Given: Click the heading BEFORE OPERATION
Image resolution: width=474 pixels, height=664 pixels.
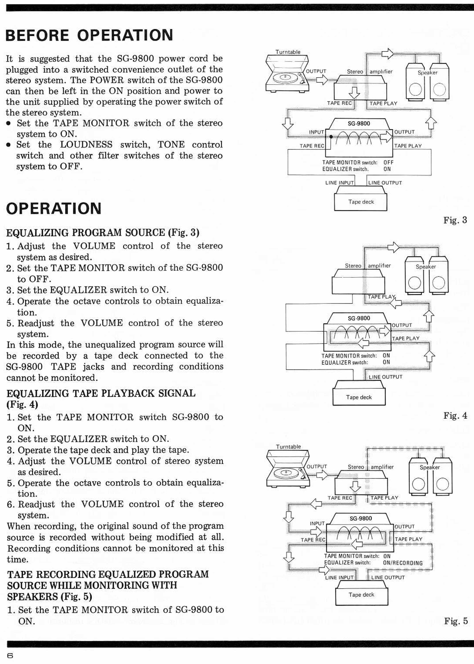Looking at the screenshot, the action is [89, 35].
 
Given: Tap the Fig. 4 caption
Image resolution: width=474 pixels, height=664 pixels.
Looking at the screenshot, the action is [455, 415].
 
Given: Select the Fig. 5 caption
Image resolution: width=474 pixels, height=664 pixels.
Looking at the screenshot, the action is [456, 621].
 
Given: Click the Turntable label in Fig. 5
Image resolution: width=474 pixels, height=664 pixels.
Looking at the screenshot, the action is [288, 447].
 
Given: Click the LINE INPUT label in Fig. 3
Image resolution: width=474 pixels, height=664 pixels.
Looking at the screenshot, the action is [339, 183].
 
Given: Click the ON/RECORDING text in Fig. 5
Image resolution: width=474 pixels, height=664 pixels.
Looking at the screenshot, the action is [403, 563].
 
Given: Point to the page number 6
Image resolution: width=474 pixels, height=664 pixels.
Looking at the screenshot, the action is [10, 656].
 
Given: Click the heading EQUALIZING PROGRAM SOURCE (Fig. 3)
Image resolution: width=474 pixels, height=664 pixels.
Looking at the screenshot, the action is [103, 233].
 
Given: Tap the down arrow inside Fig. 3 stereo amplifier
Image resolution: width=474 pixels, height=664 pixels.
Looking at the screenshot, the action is [354, 93].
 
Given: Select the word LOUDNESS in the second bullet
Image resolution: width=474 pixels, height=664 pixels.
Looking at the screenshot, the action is [86, 145].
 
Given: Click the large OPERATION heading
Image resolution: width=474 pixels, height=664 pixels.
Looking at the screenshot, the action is [54, 208].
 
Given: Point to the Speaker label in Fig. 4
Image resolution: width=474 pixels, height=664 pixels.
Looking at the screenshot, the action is [426, 267].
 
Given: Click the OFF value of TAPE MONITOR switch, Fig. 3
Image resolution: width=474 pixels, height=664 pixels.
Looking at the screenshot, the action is [389, 162].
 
